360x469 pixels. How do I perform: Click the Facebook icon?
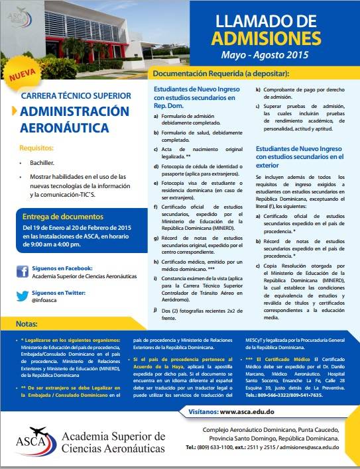coord(22,270)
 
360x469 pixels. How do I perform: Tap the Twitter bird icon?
coord(22,295)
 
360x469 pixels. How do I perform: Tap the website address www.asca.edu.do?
coord(247,411)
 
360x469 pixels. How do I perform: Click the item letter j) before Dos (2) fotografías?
coord(156,309)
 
